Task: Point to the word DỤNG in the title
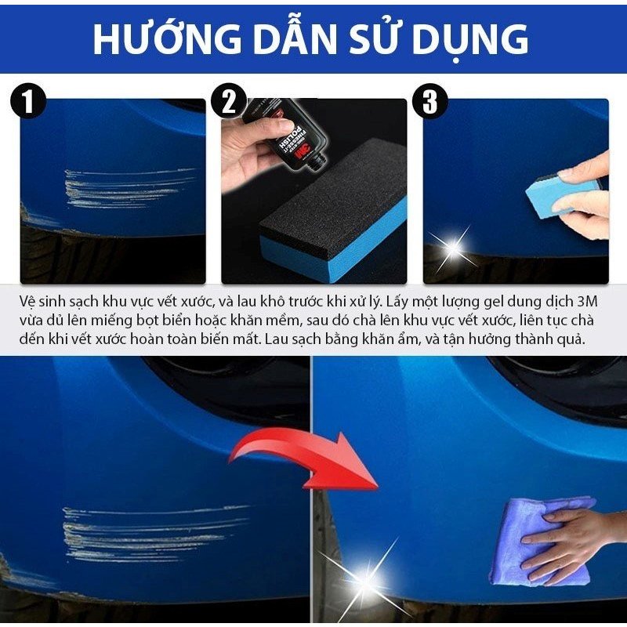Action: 478,38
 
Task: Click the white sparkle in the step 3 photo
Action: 453,248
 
